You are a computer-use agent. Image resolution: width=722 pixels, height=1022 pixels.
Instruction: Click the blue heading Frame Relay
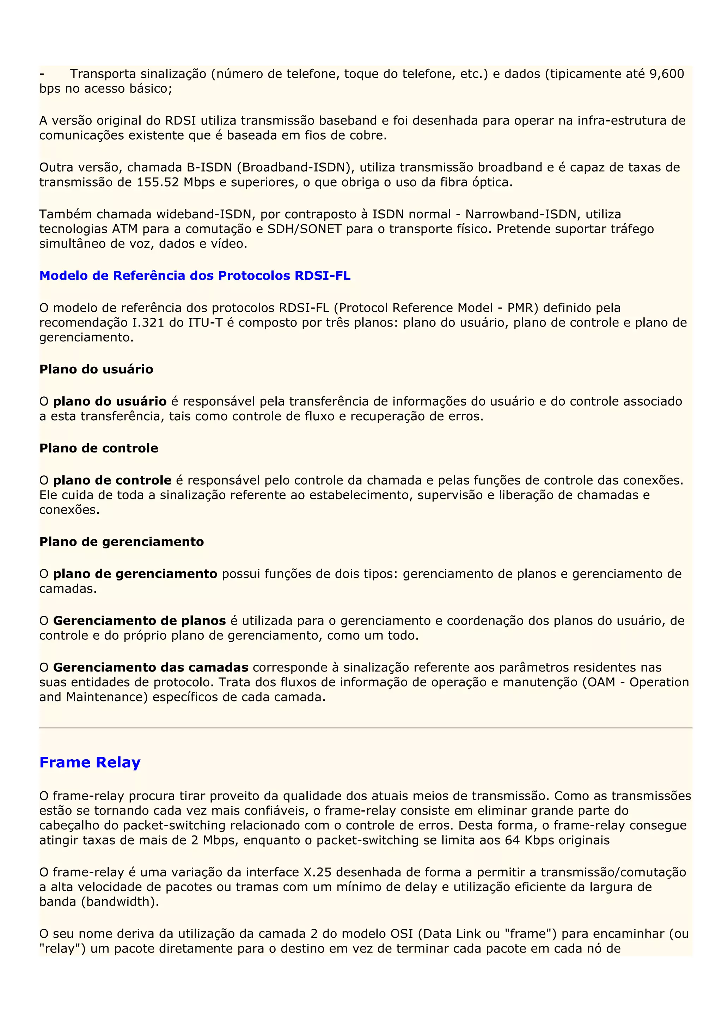tap(90, 762)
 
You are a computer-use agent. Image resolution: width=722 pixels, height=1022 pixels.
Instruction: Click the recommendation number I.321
tap(148, 323)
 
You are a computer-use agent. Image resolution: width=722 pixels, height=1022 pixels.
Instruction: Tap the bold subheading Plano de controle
tap(99, 448)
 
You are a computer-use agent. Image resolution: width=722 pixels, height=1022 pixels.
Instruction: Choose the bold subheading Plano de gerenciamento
tap(121, 541)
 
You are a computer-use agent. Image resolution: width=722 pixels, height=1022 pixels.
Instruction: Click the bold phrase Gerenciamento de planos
tap(139, 621)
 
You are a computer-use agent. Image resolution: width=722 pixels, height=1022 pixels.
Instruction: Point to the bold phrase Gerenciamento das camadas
tap(151, 667)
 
